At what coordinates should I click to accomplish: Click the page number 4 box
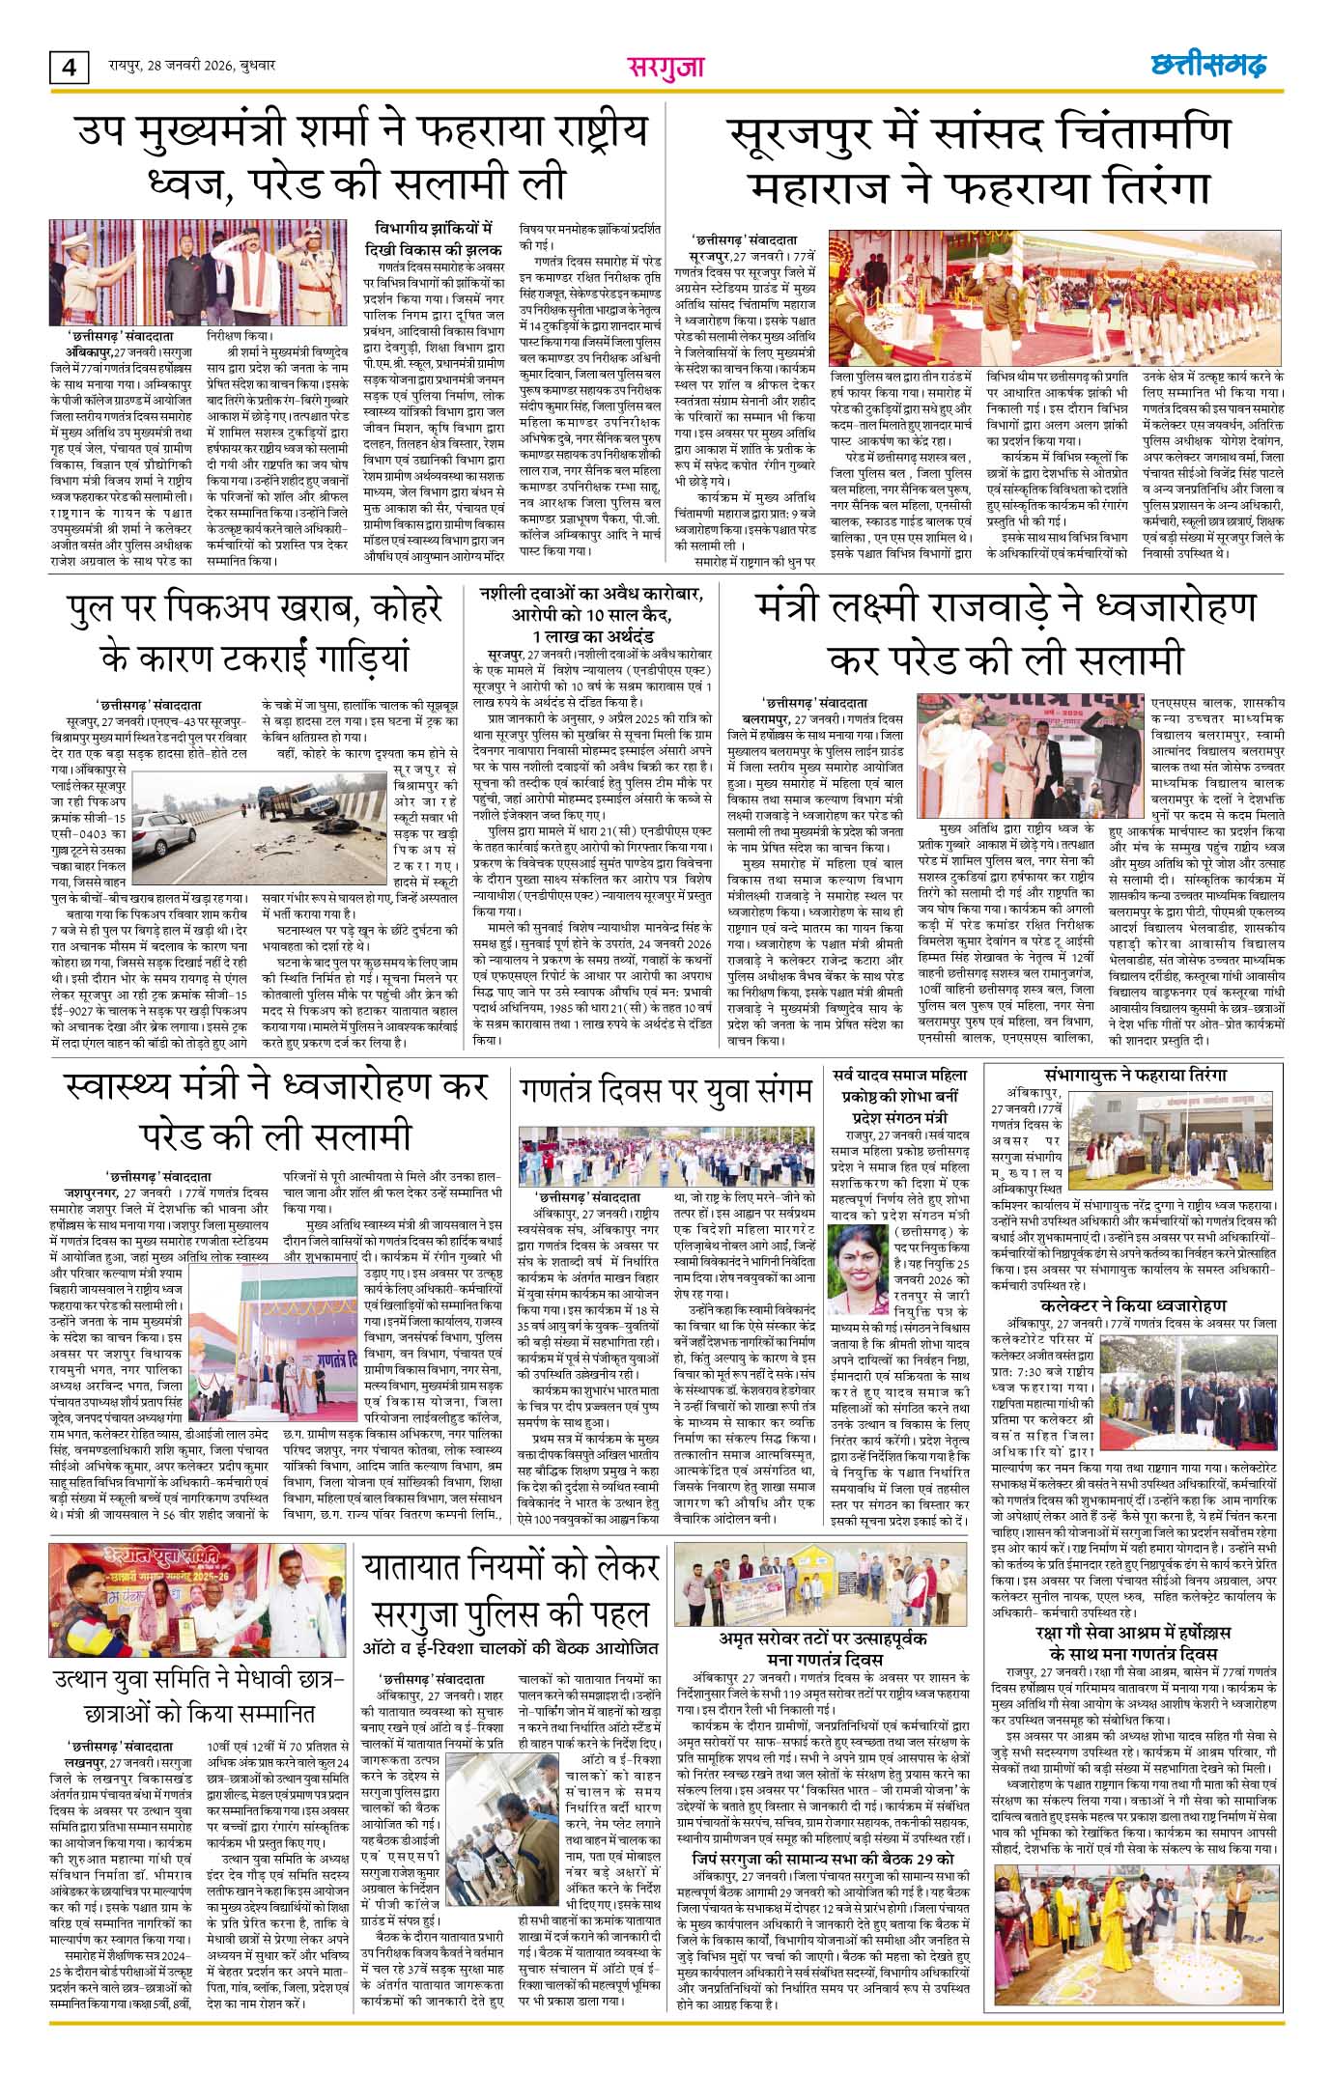pyautogui.click(x=69, y=68)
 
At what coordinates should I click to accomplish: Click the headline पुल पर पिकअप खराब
pyautogui.click(x=255, y=633)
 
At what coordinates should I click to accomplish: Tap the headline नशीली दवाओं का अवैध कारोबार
pyautogui.click(x=593, y=616)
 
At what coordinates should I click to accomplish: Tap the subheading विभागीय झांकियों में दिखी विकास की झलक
pyautogui.click(x=434, y=238)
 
